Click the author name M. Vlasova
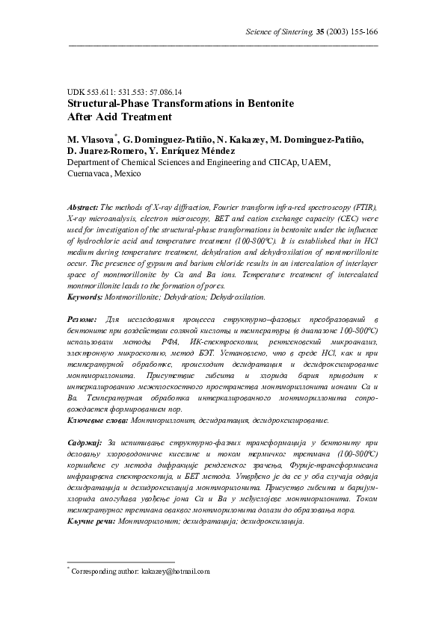(92, 140)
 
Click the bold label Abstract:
(83, 206)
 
